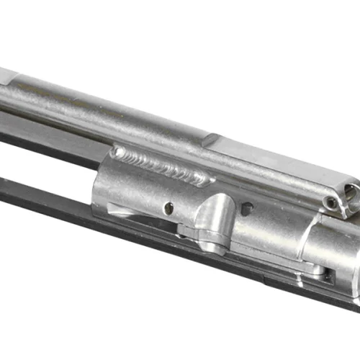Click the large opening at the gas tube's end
(351, 193)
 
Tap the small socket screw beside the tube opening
(332, 203)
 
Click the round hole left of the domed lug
(168, 208)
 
